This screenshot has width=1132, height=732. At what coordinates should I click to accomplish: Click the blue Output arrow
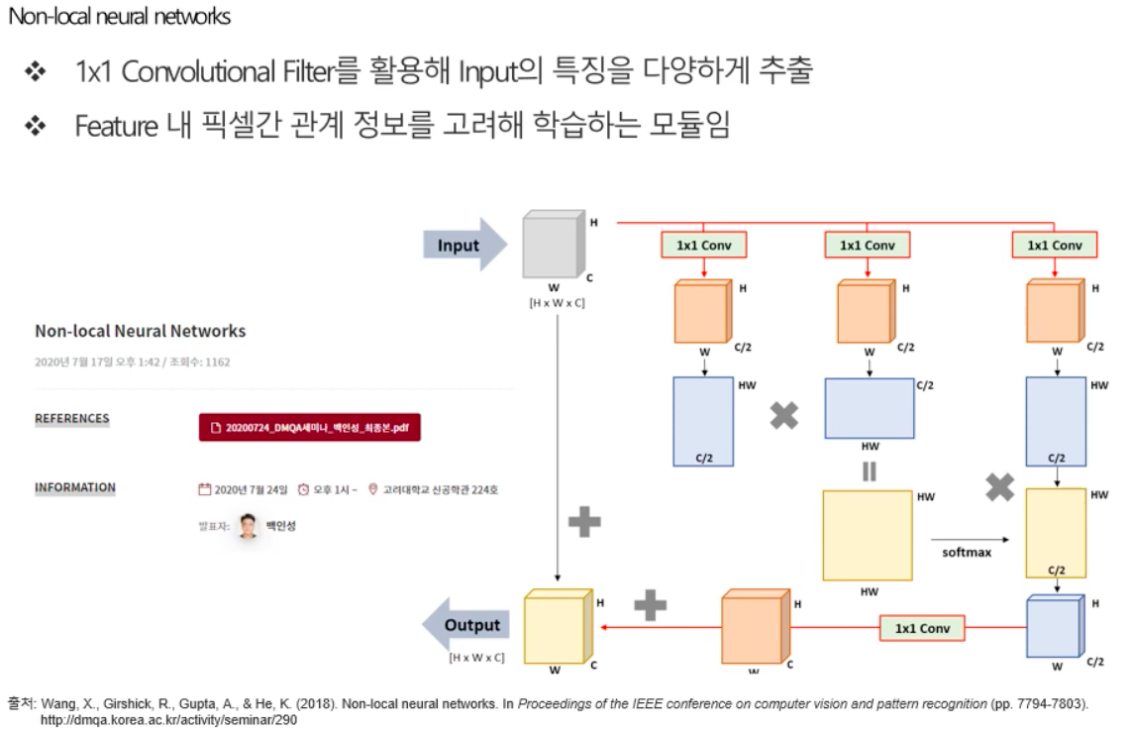pyautogui.click(x=465, y=625)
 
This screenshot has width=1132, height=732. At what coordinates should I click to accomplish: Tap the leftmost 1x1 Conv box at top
pyautogui.click(x=703, y=245)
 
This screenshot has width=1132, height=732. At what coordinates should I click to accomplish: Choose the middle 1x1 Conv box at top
pyautogui.click(x=867, y=245)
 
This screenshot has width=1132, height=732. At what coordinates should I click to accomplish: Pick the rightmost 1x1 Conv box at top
pyautogui.click(x=1054, y=245)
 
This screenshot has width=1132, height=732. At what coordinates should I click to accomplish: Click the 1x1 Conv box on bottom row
pyautogui.click(x=921, y=628)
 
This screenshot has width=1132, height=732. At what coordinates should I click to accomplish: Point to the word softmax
pyautogui.click(x=966, y=552)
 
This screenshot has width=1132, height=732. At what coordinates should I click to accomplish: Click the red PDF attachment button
pyautogui.click(x=310, y=427)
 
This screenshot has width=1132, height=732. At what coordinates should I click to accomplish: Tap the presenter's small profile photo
pyautogui.click(x=248, y=526)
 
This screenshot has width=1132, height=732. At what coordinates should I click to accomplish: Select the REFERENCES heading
pyautogui.click(x=72, y=419)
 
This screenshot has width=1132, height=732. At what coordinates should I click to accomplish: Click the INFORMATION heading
pyautogui.click(x=75, y=488)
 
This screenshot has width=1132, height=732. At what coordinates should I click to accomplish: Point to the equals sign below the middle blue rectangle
pyautogui.click(x=869, y=471)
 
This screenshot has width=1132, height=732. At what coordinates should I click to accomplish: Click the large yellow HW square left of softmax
pyautogui.click(x=868, y=535)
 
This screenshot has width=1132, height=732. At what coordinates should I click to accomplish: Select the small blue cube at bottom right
pyautogui.click(x=1054, y=626)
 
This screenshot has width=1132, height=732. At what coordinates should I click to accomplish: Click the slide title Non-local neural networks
pyautogui.click(x=120, y=17)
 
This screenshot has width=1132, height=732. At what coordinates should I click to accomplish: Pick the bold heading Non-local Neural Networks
pyautogui.click(x=141, y=331)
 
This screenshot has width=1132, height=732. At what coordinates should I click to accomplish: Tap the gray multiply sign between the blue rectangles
pyautogui.click(x=784, y=416)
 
